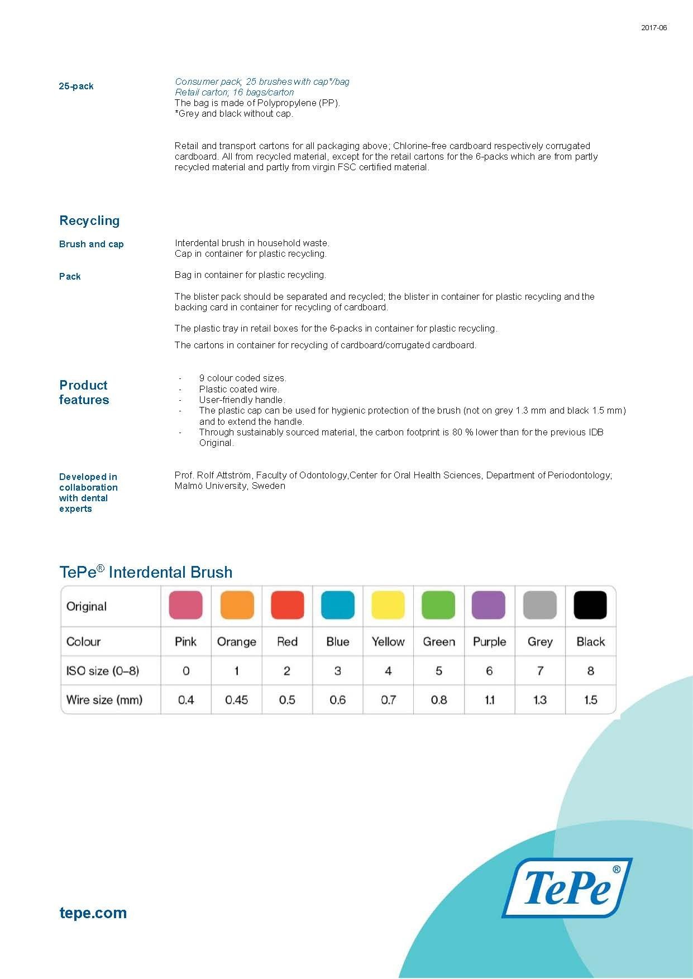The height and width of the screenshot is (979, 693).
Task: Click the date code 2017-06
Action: pos(653,28)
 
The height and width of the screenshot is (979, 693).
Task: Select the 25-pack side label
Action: pos(76,86)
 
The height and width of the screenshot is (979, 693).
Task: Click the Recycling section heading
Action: pos(89,220)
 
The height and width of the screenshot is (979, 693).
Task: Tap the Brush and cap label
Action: pos(91,244)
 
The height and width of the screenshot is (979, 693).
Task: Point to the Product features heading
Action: pos(84,392)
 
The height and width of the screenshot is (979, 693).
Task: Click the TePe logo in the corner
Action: pos(567,887)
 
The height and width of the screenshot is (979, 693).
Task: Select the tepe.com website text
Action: pos(93,913)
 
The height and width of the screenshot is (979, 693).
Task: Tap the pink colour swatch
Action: pos(185,606)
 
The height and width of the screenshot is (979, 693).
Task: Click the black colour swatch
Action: pos(590,606)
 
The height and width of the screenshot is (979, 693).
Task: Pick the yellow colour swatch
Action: pos(388,606)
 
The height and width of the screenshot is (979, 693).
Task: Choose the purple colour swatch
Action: pos(489,606)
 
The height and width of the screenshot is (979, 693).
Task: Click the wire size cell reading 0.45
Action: pos(236,700)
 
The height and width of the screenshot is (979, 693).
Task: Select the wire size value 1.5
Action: pos(590,700)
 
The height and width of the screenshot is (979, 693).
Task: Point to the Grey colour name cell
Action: pos(539,642)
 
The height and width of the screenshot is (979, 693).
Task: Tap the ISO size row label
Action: pos(102,671)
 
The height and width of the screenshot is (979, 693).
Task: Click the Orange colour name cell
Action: pos(236,642)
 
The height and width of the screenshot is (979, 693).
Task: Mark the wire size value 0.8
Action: pos(438,700)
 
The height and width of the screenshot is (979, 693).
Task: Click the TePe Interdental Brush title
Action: pos(146,572)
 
